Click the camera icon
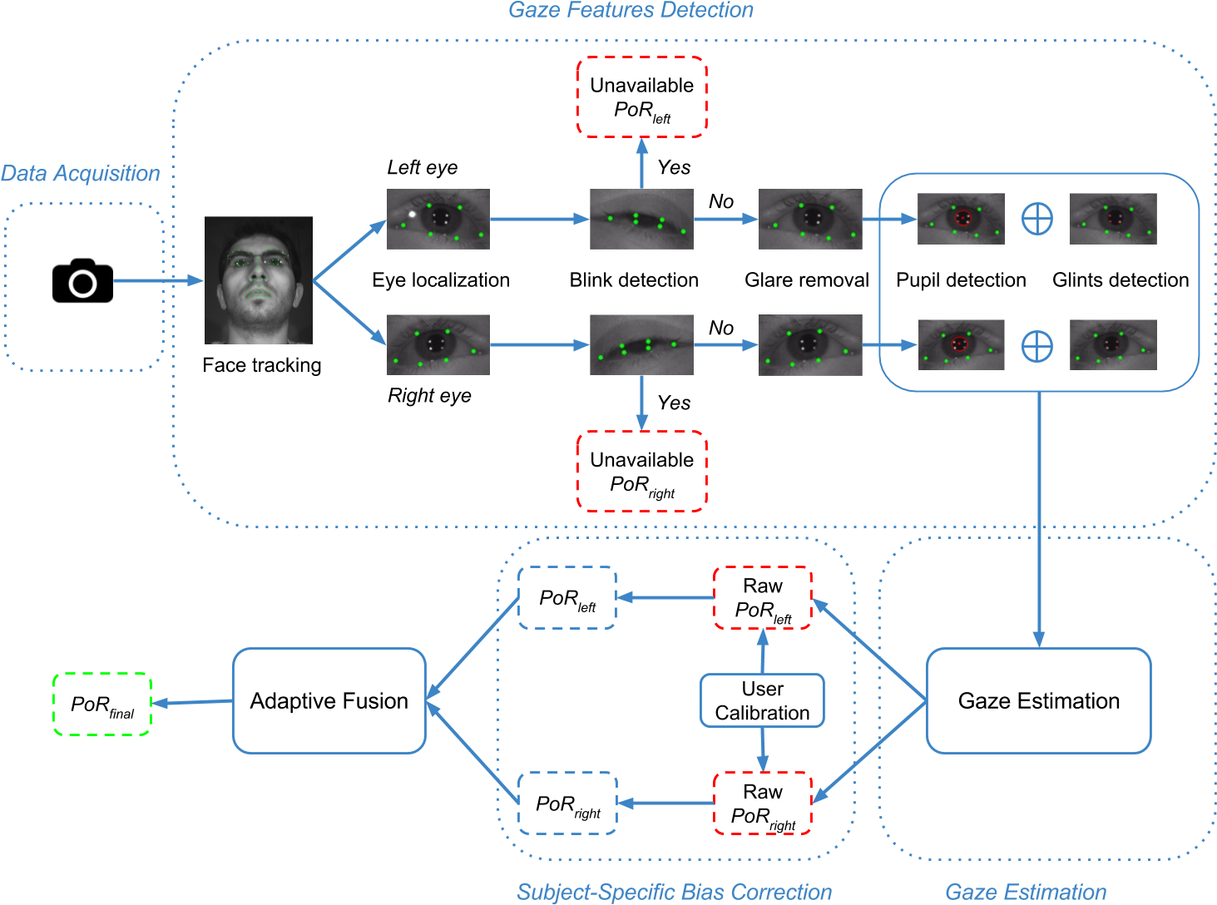(82, 280)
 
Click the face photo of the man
(259, 280)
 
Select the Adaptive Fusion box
(329, 701)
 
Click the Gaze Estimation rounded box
(1038, 701)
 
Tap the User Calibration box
(762, 701)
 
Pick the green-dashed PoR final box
(102, 705)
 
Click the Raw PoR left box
(763, 598)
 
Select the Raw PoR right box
(763, 804)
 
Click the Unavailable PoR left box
(641, 97)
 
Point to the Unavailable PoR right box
(641, 471)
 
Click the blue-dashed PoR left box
(567, 598)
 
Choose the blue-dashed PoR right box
(567, 804)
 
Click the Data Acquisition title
(80, 174)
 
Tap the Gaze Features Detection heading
(631, 11)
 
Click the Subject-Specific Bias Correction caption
(674, 892)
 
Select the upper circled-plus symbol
(1037, 219)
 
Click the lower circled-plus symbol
(1037, 346)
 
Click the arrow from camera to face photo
(158, 281)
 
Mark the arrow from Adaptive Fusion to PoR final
(192, 703)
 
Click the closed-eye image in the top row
(641, 219)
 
